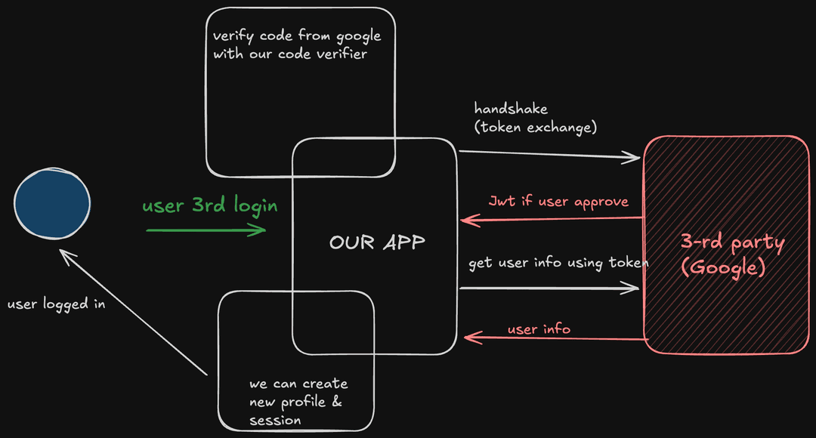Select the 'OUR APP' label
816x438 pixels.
click(x=377, y=242)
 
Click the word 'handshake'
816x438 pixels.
click(x=511, y=109)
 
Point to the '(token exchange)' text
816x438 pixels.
click(x=536, y=127)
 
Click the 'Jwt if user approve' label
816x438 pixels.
click(x=558, y=202)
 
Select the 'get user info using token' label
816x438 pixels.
click(x=558, y=263)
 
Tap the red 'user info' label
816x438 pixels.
click(x=539, y=329)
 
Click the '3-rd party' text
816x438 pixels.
click(x=732, y=243)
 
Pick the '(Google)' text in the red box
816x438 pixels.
click(x=724, y=267)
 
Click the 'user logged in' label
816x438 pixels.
click(x=56, y=304)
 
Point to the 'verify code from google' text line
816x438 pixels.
click(x=297, y=35)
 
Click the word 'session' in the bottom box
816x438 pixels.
click(x=275, y=420)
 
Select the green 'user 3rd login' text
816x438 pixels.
click(x=210, y=205)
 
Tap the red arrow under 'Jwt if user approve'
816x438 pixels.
click(x=552, y=220)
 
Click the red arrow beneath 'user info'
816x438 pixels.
click(x=555, y=339)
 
